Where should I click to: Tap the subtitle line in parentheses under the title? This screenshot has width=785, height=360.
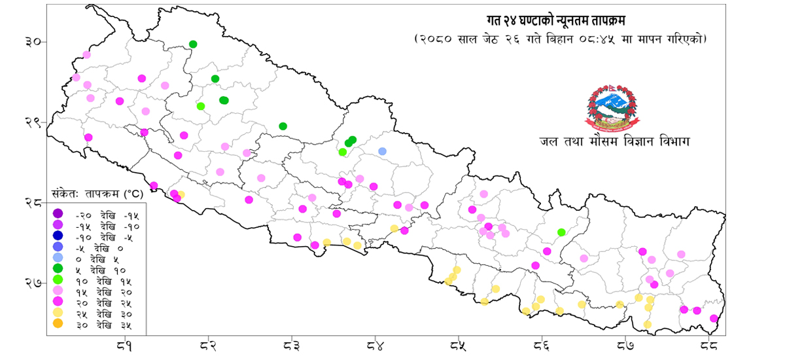pyautogui.click(x=561, y=39)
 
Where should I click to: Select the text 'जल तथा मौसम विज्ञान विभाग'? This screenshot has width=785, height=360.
pyautogui.click(x=615, y=141)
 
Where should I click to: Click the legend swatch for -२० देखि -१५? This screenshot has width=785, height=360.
pyautogui.click(x=58, y=213)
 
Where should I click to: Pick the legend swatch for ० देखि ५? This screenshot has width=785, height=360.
pyautogui.click(x=58, y=258)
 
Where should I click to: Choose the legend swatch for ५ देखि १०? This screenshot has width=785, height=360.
pyautogui.click(x=58, y=269)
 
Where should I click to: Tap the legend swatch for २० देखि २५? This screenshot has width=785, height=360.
pyautogui.click(x=58, y=302)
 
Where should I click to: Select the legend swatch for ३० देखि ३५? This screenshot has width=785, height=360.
pyautogui.click(x=58, y=324)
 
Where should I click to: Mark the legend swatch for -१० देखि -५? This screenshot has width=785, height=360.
pyautogui.click(x=58, y=236)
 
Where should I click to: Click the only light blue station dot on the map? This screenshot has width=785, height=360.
pyautogui.click(x=383, y=151)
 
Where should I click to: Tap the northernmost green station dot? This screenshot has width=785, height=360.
pyautogui.click(x=193, y=45)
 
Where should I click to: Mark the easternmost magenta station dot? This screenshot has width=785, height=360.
pyautogui.click(x=714, y=319)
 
